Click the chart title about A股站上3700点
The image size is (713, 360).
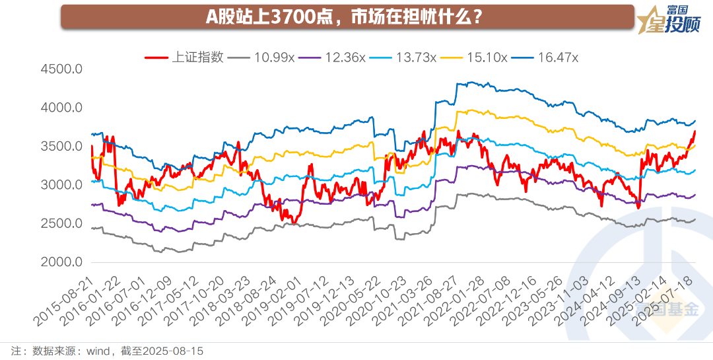pos(343,17)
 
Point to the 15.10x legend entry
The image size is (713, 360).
pos(487,57)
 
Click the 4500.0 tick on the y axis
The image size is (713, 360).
pos(61,69)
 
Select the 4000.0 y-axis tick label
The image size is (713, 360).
pos(61,108)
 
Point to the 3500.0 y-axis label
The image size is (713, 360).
pos(61,146)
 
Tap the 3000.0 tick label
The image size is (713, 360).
pos(61,185)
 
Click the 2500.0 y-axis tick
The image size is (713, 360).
pos(61,224)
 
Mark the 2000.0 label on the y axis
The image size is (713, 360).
pos(61,262)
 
